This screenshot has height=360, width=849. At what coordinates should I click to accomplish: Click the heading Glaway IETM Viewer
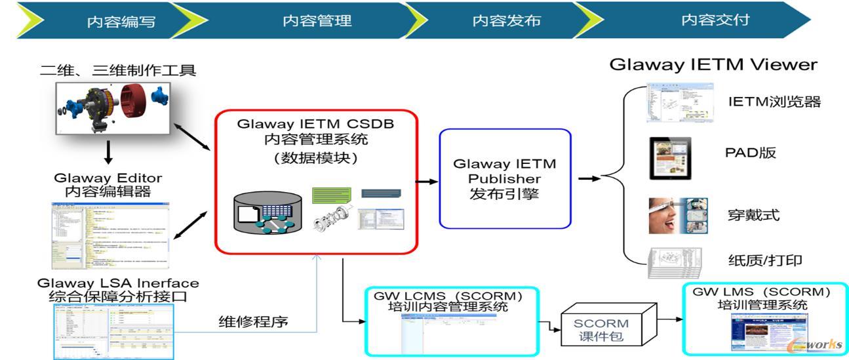click(x=713, y=64)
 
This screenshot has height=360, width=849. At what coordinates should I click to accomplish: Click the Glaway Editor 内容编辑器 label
click(x=108, y=184)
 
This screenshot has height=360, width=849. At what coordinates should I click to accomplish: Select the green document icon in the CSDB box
click(x=332, y=195)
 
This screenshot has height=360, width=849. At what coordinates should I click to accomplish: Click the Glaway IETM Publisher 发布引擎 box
click(x=505, y=178)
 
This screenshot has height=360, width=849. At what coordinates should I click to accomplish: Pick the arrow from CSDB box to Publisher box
click(x=427, y=182)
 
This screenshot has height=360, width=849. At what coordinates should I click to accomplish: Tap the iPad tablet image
click(x=669, y=157)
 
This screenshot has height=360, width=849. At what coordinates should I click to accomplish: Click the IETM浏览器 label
click(x=774, y=102)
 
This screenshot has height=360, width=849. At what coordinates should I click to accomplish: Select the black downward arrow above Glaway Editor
click(x=109, y=151)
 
